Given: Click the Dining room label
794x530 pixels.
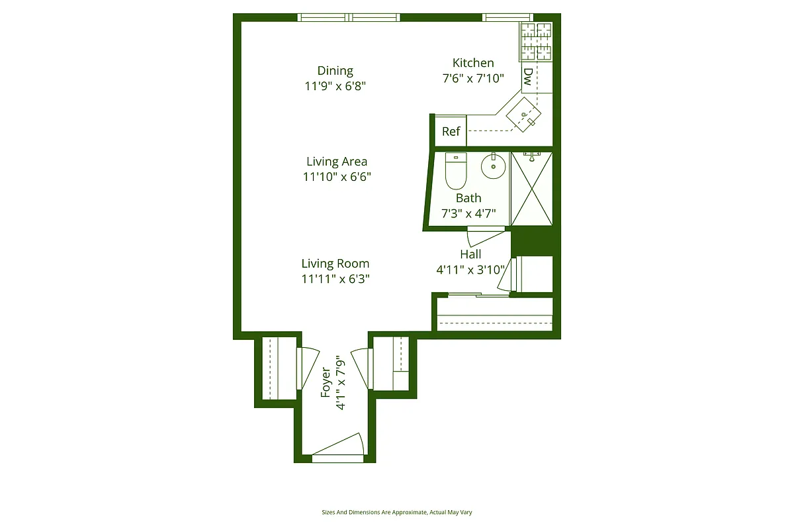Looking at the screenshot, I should click(x=335, y=71).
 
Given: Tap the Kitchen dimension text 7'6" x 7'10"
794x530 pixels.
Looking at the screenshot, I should click(x=472, y=78).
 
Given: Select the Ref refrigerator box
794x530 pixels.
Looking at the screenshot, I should click(x=451, y=131).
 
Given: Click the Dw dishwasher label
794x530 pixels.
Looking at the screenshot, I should click(x=528, y=76).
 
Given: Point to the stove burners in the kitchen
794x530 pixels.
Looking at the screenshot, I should click(x=535, y=41).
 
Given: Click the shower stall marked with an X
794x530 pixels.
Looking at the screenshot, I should click(x=531, y=189).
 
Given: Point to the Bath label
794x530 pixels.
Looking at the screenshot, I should click(x=468, y=198).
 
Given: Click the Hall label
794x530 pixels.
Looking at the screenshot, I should click(x=470, y=254).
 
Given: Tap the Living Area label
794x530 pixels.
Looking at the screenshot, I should click(x=337, y=162).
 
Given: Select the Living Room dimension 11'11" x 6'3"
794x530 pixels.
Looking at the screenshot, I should click(x=335, y=279).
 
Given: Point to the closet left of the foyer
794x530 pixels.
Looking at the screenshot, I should click(x=279, y=368).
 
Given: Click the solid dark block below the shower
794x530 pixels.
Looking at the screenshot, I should click(x=533, y=242).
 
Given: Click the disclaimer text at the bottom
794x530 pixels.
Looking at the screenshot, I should click(x=396, y=512).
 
